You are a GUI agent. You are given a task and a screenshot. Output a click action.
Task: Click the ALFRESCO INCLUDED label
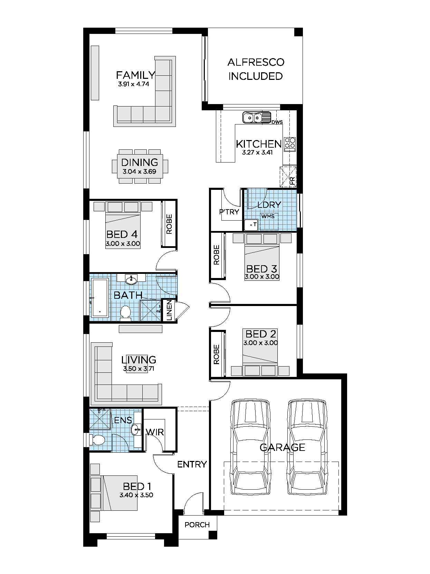[256, 69]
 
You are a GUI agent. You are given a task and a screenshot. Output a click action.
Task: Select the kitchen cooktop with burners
[290, 144]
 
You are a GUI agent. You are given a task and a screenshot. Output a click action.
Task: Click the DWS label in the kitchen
[277, 122]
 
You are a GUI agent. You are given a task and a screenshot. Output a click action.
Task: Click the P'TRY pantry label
[229, 212]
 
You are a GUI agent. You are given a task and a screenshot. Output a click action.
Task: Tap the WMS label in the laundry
[268, 216]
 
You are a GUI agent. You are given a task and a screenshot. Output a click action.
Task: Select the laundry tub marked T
[251, 225]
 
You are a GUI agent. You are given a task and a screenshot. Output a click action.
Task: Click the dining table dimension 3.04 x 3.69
[140, 171]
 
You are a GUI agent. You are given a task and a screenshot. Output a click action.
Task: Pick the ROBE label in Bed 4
[169, 224]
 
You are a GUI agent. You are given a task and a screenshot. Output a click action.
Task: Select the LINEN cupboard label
[169, 310]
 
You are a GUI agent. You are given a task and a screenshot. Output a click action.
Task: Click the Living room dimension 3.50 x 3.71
[139, 369]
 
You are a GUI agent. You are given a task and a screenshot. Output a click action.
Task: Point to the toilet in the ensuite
[98, 440]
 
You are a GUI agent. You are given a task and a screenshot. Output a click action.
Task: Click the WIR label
[154, 432]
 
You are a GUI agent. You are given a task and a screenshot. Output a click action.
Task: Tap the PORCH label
[197, 525]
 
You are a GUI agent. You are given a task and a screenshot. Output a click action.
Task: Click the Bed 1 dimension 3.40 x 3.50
[136, 495]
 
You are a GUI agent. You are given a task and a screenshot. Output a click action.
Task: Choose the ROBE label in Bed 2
[217, 354]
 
